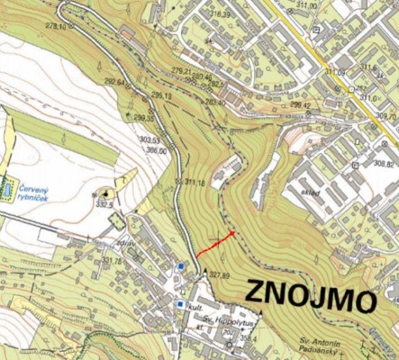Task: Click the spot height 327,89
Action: [219, 275]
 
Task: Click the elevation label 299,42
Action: [299, 104]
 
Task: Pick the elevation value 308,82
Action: [385, 164]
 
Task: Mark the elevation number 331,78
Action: [112, 262]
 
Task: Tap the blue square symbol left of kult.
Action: [180, 305]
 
